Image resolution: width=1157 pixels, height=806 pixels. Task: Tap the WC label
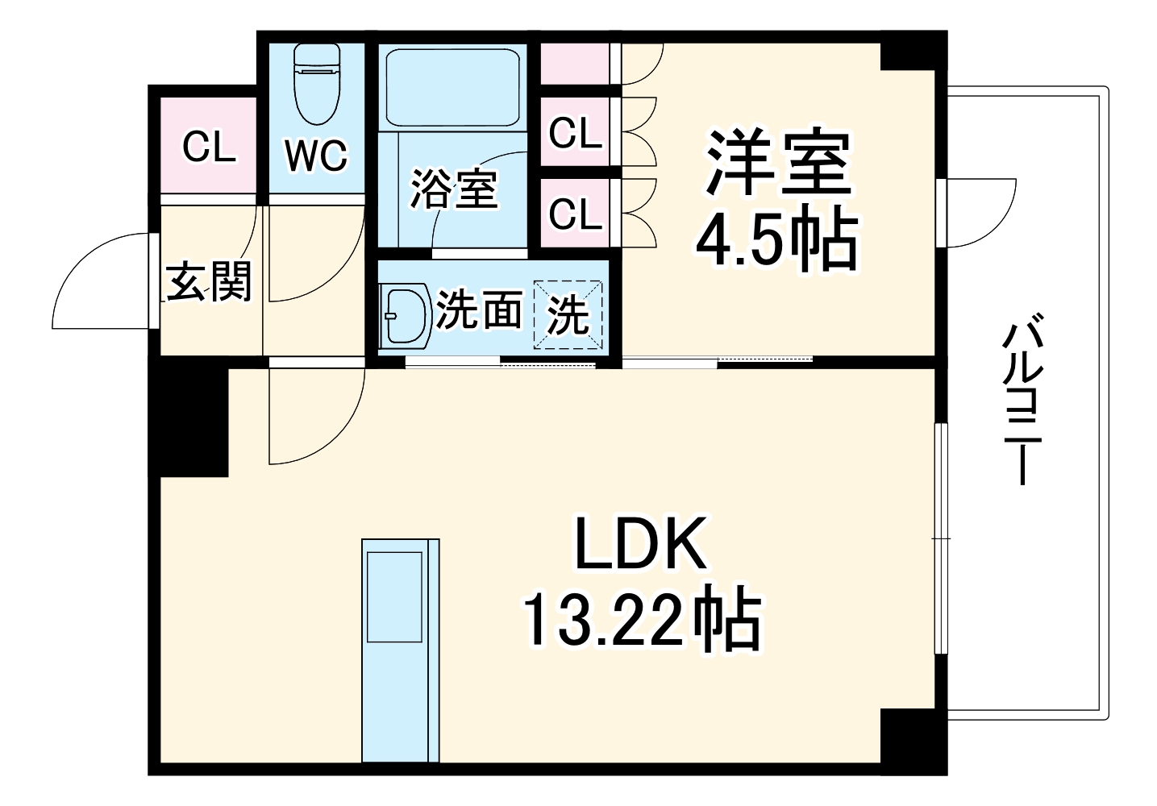(316, 155)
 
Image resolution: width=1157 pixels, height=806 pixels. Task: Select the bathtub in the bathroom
(452, 86)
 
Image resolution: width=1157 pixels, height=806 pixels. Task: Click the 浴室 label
(453, 190)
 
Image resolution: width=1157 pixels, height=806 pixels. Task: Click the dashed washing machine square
(569, 315)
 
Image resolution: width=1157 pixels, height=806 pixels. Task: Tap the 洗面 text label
(479, 310)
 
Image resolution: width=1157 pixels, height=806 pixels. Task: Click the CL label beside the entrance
(208, 147)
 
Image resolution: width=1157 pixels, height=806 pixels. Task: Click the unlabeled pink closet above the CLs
(573, 64)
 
